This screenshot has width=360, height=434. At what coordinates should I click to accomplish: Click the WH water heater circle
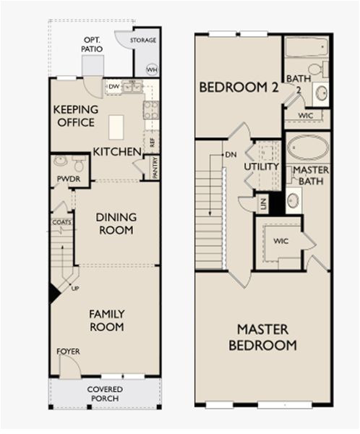(152, 69)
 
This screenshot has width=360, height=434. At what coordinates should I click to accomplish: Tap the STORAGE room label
(143, 40)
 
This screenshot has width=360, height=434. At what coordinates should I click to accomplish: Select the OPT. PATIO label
(92, 44)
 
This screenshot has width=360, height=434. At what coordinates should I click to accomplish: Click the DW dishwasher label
(113, 87)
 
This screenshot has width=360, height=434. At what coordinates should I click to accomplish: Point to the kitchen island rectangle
(116, 127)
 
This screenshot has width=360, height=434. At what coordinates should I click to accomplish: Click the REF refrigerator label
(152, 142)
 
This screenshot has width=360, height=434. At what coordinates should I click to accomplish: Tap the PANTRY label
(155, 168)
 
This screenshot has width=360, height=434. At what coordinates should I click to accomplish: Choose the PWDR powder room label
(69, 179)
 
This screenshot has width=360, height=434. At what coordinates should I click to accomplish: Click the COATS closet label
(61, 222)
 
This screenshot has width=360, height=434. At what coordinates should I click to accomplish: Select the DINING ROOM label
(116, 224)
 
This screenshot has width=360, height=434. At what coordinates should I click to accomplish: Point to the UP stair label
(75, 289)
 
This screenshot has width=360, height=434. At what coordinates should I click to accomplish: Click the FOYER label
(68, 352)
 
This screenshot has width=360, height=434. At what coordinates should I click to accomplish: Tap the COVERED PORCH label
(105, 394)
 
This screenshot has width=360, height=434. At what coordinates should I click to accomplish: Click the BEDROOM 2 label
(239, 88)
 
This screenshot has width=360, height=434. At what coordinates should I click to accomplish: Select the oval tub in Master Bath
(308, 148)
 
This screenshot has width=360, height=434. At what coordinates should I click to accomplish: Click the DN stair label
(231, 155)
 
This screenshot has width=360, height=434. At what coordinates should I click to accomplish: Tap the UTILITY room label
(261, 166)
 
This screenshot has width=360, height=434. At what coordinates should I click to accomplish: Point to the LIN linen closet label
(263, 204)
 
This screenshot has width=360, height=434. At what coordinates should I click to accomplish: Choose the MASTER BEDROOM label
(262, 337)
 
